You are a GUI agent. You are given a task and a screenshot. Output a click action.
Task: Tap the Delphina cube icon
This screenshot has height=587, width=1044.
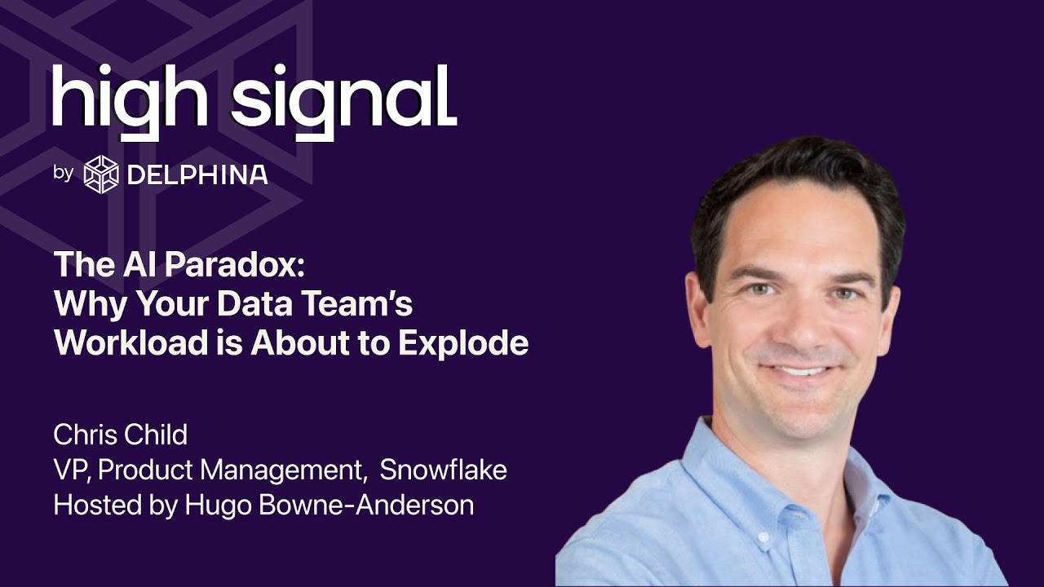pyautogui.click(x=101, y=174)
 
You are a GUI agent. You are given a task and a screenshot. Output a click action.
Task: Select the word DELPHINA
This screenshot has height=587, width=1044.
pyautogui.click(x=197, y=174)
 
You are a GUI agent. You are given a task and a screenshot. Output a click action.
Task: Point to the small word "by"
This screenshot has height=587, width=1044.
pyautogui.click(x=64, y=174)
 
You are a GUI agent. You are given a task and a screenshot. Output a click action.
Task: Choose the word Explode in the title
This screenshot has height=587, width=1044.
pyautogui.click(x=463, y=343)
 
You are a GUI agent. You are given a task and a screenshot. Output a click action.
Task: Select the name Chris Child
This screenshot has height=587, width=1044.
pyautogui.click(x=120, y=435)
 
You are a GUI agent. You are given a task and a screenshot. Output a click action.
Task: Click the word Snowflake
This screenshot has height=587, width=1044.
pyautogui.click(x=443, y=470)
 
